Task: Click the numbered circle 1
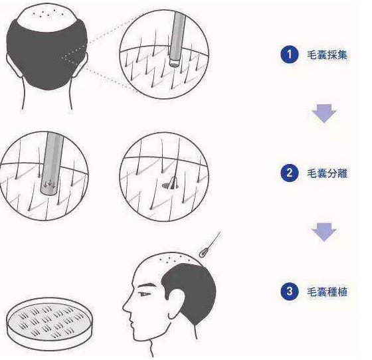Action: tap(289, 54)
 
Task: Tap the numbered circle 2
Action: tap(289, 173)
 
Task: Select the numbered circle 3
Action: tap(289, 291)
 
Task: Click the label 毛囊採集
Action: tap(327, 55)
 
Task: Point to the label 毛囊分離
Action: tap(327, 173)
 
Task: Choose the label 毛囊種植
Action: tap(327, 292)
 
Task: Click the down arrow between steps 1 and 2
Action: tap(324, 114)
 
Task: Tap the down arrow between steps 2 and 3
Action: tap(324, 232)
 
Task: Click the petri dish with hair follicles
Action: tap(49, 323)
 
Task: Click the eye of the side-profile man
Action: tap(144, 294)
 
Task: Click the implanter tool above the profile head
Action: tap(210, 245)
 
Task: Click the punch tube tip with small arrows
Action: tap(48, 188)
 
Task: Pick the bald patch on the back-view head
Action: tap(47, 17)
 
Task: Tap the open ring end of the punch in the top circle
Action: tap(174, 62)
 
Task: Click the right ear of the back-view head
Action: tap(82, 65)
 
